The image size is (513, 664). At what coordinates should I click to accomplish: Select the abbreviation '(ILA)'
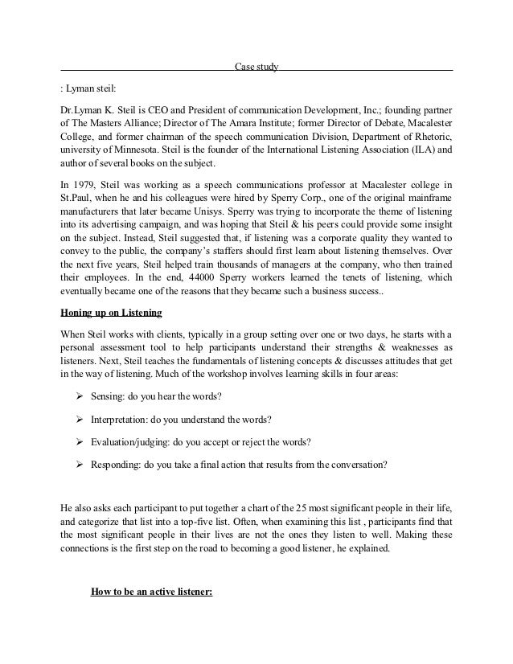pyautogui.click(x=419, y=150)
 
